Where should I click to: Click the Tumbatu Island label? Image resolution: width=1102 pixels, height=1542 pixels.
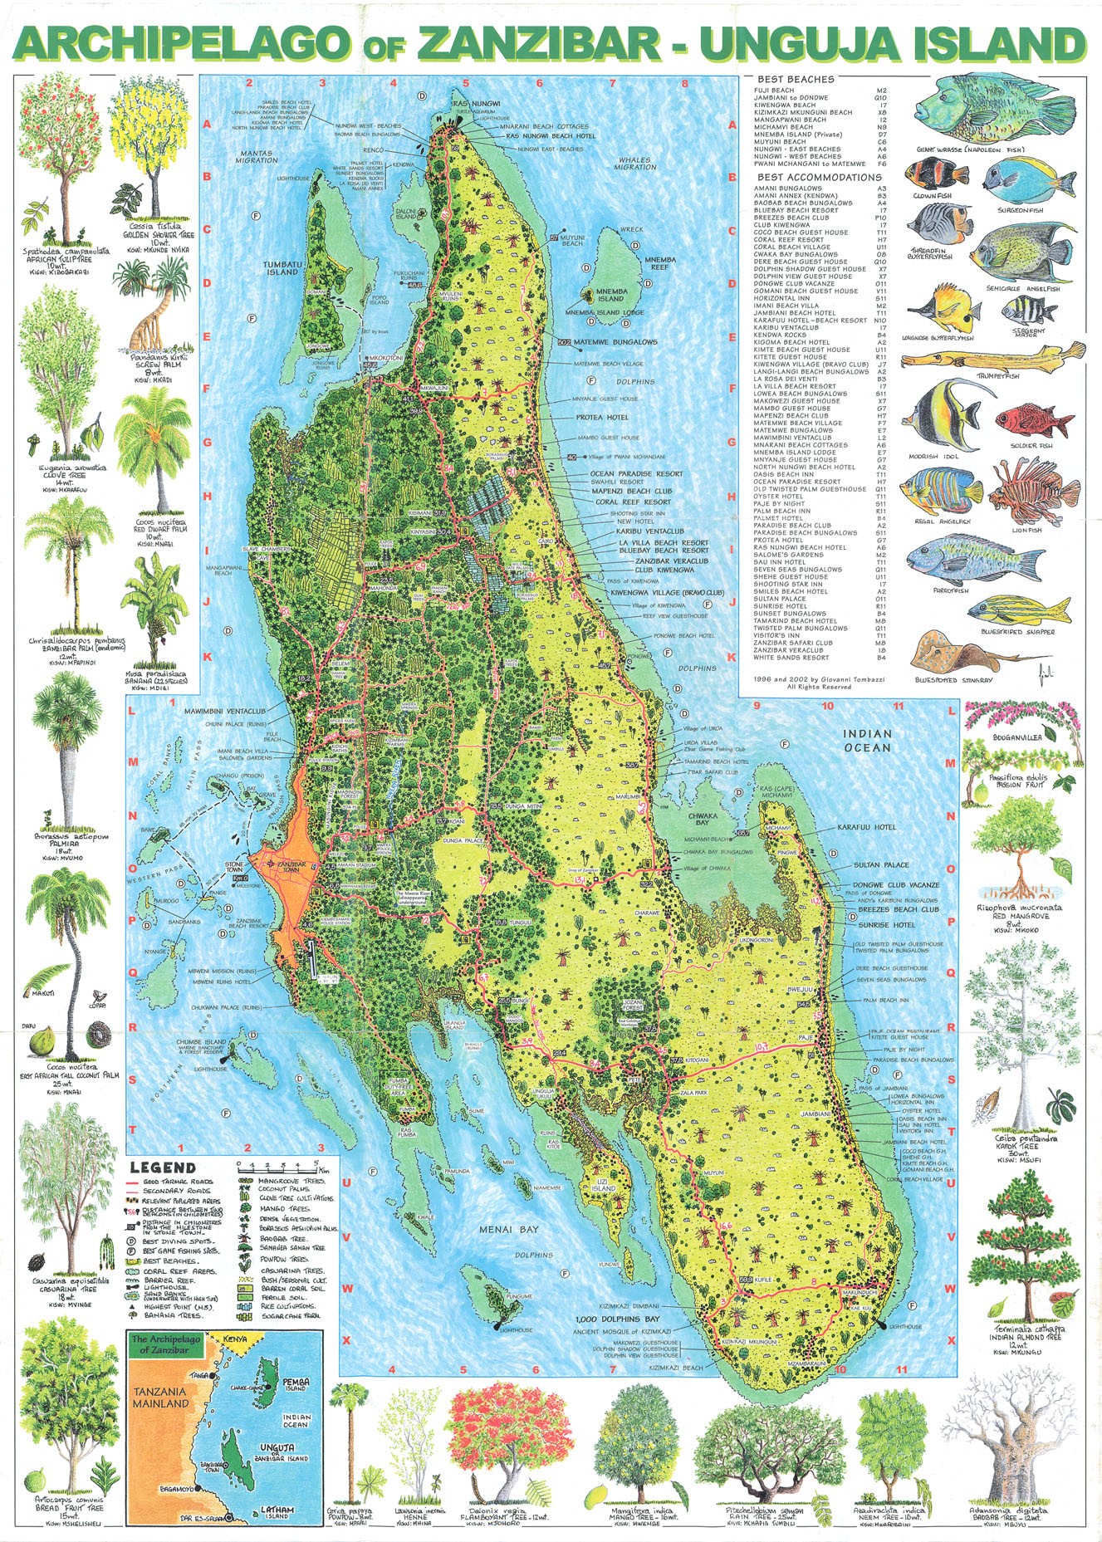click(x=282, y=267)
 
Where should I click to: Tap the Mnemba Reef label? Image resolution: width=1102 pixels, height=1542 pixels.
click(x=660, y=263)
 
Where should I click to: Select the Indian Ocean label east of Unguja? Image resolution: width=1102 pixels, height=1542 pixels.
click(x=867, y=740)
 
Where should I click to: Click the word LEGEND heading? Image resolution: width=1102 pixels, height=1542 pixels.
click(x=163, y=1168)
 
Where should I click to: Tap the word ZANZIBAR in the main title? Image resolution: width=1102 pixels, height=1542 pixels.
click(x=540, y=43)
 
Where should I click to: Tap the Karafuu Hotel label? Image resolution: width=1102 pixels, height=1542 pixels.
click(x=867, y=827)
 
